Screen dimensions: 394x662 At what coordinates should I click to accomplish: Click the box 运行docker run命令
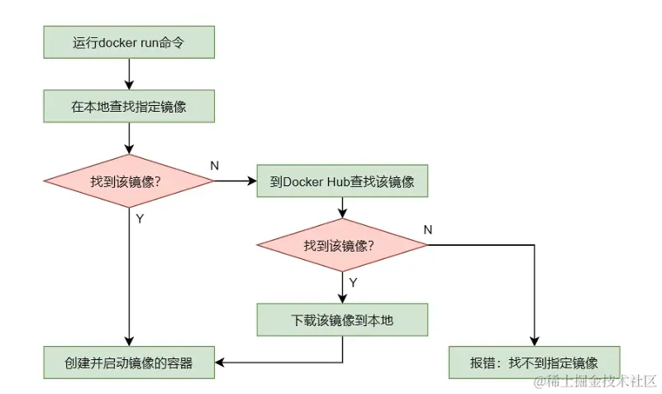(129, 42)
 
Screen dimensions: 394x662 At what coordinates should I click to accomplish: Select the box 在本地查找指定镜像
(129, 106)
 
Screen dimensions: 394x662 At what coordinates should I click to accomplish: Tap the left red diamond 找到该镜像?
(129, 181)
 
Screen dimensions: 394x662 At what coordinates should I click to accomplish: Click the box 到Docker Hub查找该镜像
(342, 181)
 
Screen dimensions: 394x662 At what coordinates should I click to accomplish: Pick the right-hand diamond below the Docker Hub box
(342, 246)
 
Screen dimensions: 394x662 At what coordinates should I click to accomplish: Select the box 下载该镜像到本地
(342, 319)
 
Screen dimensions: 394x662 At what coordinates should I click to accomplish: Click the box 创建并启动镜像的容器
(129, 362)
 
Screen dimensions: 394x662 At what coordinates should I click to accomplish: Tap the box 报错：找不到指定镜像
(534, 362)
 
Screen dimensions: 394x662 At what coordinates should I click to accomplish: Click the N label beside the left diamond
(215, 166)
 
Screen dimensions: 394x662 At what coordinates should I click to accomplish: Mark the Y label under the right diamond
(353, 282)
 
